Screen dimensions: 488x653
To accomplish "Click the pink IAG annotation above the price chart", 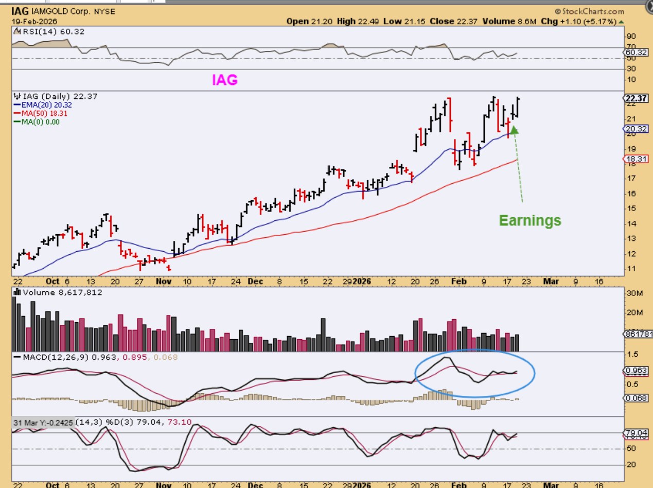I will tap(225, 80).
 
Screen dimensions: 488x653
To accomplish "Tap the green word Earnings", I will tap(530, 221).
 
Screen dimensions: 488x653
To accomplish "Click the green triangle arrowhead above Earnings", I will tap(514, 130).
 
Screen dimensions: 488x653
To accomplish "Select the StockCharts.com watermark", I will tap(589, 11).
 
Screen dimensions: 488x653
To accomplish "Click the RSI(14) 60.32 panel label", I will tap(49, 31).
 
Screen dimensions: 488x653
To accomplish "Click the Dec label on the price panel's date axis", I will tap(255, 282).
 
